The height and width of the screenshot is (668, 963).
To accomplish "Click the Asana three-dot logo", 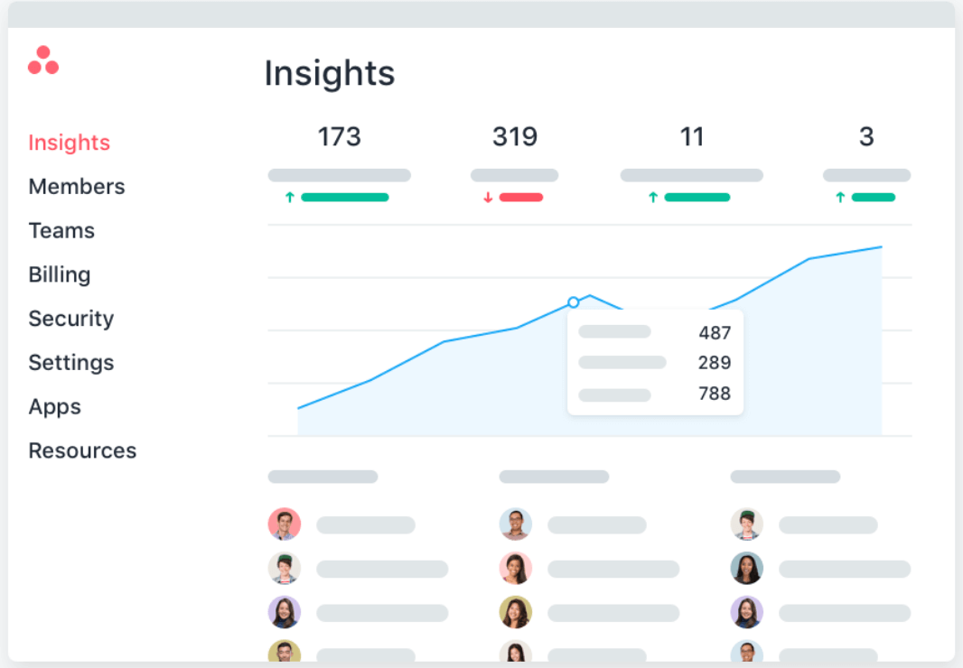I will click(43, 60).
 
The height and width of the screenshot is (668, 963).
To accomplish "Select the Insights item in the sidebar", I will click(69, 143).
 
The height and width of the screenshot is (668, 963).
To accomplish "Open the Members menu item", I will click(77, 187).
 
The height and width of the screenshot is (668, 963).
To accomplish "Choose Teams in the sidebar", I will click(61, 231).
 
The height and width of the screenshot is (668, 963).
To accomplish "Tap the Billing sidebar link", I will click(60, 274).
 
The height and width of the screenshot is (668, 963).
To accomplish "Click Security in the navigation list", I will click(70, 319).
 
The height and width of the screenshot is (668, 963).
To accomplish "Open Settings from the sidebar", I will click(70, 363).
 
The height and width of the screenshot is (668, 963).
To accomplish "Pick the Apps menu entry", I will click(54, 407).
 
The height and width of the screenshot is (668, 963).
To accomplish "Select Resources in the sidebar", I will click(82, 450).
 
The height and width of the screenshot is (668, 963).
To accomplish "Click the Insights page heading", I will click(329, 73).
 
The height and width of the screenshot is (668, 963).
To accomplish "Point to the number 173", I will click(339, 137).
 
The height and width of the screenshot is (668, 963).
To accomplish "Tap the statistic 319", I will click(515, 137).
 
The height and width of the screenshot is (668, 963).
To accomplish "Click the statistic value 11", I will click(691, 137).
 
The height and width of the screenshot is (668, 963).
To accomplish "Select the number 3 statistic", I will click(866, 137).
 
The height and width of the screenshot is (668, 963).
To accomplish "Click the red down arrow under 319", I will click(488, 198).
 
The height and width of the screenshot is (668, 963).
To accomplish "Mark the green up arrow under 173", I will click(290, 198).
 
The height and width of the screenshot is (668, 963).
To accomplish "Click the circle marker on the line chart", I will click(573, 302).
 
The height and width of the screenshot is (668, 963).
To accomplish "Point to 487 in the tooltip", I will click(715, 333).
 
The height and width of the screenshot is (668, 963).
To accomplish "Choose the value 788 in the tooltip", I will click(715, 394).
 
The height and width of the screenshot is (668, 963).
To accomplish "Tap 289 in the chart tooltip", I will click(715, 363).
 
